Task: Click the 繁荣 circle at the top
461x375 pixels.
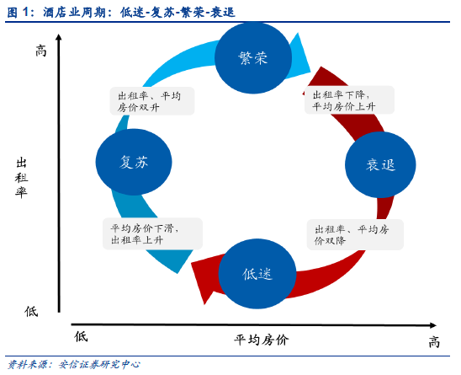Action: click(253, 57)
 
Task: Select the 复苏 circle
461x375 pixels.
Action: click(134, 162)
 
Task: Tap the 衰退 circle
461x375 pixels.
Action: click(380, 164)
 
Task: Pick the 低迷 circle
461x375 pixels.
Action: click(257, 274)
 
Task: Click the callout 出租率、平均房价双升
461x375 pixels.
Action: click(152, 101)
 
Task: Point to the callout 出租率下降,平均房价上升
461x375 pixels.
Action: click(349, 100)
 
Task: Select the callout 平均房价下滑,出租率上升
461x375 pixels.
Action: click(152, 233)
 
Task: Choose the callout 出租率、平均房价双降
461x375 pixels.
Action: click(355, 235)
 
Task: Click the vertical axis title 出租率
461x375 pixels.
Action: click(22, 178)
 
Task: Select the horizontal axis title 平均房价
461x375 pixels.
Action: click(262, 340)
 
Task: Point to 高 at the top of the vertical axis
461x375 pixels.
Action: click(41, 51)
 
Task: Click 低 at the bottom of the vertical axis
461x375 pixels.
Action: click(31, 311)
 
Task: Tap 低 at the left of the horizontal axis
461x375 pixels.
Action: click(81, 336)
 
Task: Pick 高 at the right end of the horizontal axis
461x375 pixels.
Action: click(434, 342)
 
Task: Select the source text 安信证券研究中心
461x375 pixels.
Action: click(99, 364)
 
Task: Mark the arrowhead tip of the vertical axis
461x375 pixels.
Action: click(59, 35)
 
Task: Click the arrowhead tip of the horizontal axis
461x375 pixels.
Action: click(437, 325)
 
